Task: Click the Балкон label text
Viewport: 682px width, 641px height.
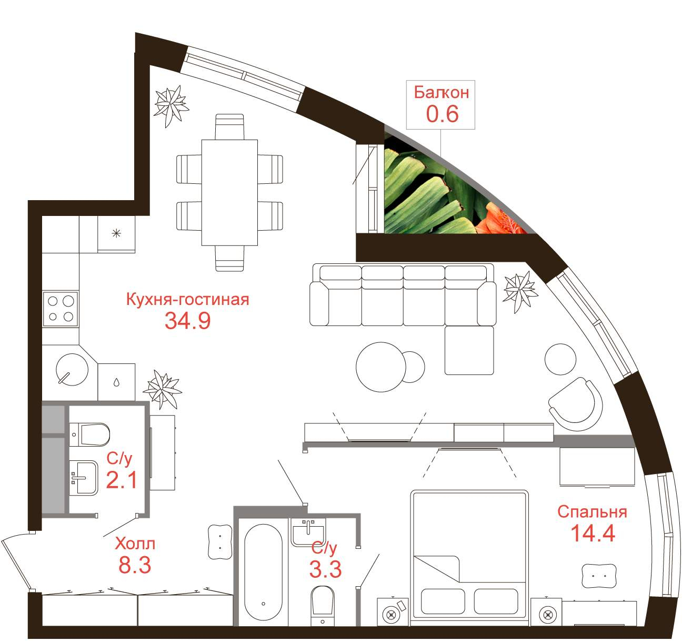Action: pyautogui.click(x=442, y=92)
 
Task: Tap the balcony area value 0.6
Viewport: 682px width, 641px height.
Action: pyautogui.click(x=443, y=114)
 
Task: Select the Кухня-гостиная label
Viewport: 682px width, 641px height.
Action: pyautogui.click(x=187, y=300)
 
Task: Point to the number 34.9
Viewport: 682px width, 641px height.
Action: pyautogui.click(x=187, y=321)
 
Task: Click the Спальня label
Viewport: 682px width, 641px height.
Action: pyautogui.click(x=592, y=521)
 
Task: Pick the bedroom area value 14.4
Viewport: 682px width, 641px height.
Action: pyautogui.click(x=593, y=543)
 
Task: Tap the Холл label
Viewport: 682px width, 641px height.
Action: pyautogui.click(x=135, y=544)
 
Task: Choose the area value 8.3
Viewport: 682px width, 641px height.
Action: pyautogui.click(x=135, y=565)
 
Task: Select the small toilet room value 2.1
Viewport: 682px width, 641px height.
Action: pyautogui.click(x=121, y=480)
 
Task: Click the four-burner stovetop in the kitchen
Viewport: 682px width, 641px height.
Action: pyautogui.click(x=61, y=309)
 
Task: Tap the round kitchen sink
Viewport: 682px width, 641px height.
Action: pyautogui.click(x=72, y=369)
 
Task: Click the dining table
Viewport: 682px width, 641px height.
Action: pyautogui.click(x=229, y=193)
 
